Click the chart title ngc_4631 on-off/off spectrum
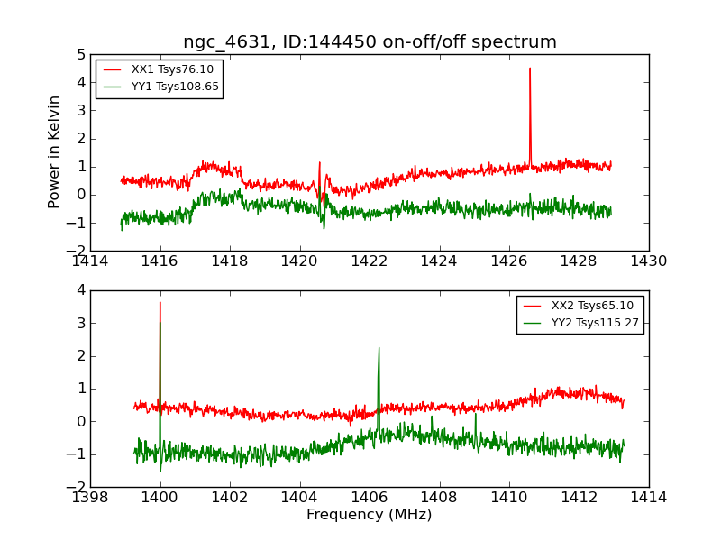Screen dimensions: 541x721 pyautogui.click(x=370, y=42)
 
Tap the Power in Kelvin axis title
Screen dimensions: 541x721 pyautogui.click(x=55, y=151)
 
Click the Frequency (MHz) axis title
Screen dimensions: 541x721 pyautogui.click(x=370, y=515)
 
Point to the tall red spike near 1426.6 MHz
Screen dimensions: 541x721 pyautogui.click(x=530, y=69)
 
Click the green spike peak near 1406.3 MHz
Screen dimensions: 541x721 pyautogui.click(x=379, y=348)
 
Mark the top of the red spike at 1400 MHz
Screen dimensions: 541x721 pyautogui.click(x=160, y=303)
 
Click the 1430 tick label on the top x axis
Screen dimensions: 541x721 pyautogui.click(x=648, y=261)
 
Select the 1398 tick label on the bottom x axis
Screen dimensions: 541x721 pyautogui.click(x=90, y=497)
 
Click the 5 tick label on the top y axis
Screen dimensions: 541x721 pyautogui.click(x=80, y=55)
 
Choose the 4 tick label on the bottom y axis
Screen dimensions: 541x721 pyautogui.click(x=80, y=290)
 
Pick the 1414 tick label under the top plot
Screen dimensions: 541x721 pyautogui.click(x=90, y=261)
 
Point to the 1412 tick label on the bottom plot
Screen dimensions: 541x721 pyautogui.click(x=578, y=497)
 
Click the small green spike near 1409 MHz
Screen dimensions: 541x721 pyautogui.click(x=475, y=414)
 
